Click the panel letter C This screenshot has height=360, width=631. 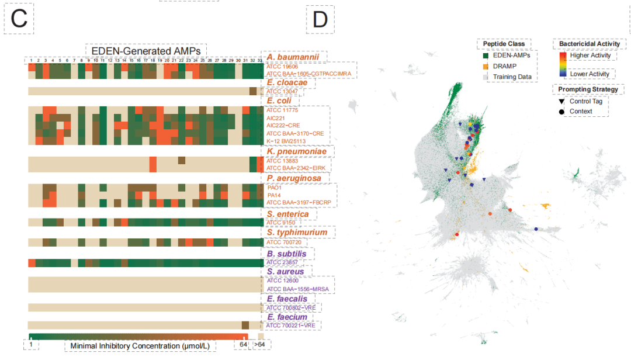pos(19,20)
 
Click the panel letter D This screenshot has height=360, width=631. pos(320,20)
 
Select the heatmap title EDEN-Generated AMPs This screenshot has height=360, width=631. pos(146,51)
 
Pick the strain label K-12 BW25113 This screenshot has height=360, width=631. pos(286,141)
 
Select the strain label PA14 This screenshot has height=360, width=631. pos(274,195)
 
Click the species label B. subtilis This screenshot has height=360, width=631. pos(287,254)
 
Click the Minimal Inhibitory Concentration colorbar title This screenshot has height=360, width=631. pos(140,346)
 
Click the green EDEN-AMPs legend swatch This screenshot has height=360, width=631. pos(485,56)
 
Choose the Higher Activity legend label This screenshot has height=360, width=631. pos(590,56)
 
